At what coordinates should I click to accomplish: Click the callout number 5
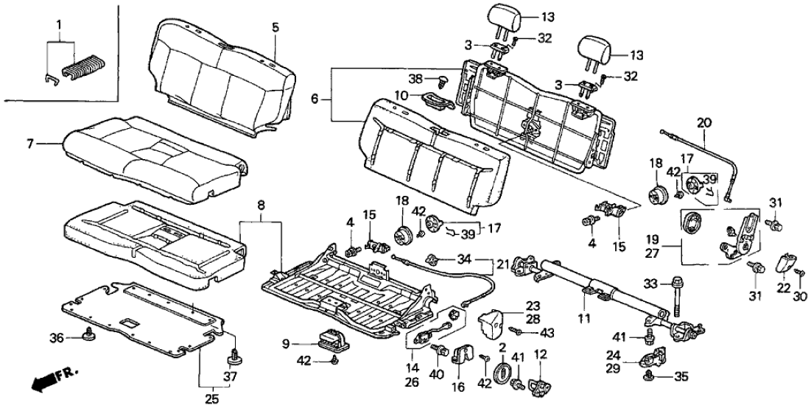pos(275,28)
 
